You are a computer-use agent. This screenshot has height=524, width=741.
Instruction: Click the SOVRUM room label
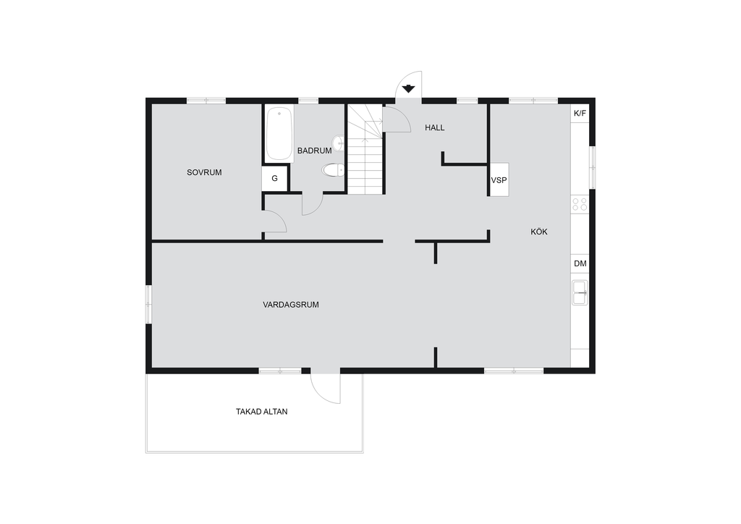pyautogui.click(x=204, y=172)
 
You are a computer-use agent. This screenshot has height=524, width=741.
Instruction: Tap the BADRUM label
pyautogui.click(x=314, y=151)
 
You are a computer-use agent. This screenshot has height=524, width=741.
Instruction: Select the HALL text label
pyautogui.click(x=435, y=127)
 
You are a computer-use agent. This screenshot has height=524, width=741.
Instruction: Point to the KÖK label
pyautogui.click(x=538, y=232)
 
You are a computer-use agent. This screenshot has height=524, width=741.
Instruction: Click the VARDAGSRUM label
pyautogui.click(x=291, y=305)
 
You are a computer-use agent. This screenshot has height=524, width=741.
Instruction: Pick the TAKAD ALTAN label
pyautogui.click(x=262, y=412)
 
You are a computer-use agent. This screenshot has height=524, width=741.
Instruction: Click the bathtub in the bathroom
pyautogui.click(x=279, y=134)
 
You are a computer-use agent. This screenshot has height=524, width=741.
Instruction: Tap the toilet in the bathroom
pyautogui.click(x=334, y=169)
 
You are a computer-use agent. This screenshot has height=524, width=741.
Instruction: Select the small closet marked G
pyautogui.click(x=275, y=179)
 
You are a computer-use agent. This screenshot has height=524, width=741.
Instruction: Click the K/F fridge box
pyautogui.click(x=580, y=114)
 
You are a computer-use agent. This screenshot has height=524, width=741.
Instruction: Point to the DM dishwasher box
pyautogui.click(x=580, y=263)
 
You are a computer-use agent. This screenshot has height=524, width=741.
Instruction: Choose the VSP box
pyautogui.click(x=499, y=180)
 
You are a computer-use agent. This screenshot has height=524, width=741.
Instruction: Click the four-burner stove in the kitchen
pyautogui.click(x=580, y=204)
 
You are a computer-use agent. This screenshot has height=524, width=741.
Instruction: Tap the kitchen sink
pyautogui.click(x=580, y=292)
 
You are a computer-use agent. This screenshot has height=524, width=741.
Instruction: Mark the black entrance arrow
pyautogui.click(x=408, y=88)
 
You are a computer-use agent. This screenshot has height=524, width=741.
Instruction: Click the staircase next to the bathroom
pyautogui.click(x=365, y=149)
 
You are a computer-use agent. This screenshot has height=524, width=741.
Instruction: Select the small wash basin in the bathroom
pyautogui.click(x=339, y=143)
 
